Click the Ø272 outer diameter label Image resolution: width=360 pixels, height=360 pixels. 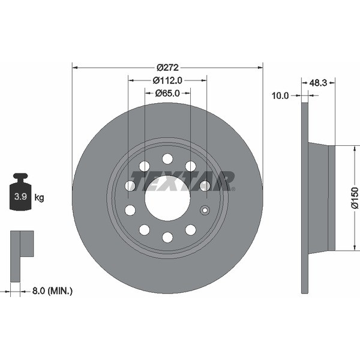coord(167,68)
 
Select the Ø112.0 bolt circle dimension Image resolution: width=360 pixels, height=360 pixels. coord(167,80)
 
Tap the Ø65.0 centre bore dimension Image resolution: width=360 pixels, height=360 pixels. coord(167,93)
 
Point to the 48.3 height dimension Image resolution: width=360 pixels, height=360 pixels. coord(318,83)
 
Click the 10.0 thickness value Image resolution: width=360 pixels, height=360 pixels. coord(280,95)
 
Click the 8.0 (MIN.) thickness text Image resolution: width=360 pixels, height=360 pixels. coord(52,291)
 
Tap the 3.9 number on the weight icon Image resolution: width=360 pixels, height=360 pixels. coord(20,197)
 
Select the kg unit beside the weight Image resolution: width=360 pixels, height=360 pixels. coord(39,197)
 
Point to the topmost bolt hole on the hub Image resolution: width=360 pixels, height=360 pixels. coord(167,158)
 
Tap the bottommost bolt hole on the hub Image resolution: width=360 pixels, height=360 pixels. coord(167,237)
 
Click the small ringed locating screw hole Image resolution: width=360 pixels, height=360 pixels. coord(205,210)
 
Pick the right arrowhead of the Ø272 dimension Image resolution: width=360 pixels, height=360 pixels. coord(260,68)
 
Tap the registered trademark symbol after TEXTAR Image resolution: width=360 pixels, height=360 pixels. coord(233,189)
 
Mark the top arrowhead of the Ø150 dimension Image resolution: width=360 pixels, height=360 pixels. coord(355,148)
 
